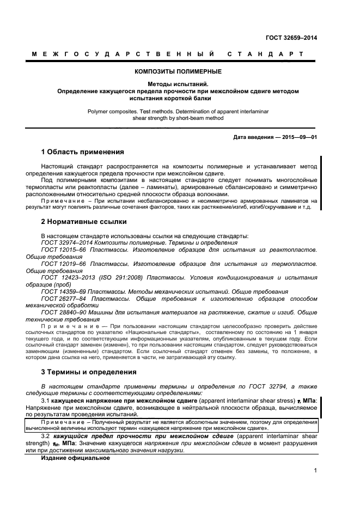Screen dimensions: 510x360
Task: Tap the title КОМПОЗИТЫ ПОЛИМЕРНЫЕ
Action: (178, 71)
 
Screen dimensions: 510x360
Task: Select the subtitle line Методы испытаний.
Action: (178, 84)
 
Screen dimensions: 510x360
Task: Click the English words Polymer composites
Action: (112, 111)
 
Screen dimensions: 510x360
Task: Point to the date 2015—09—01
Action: (298, 137)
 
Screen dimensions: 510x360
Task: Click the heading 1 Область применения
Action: (82, 151)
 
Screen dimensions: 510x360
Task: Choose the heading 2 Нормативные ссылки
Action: (84, 222)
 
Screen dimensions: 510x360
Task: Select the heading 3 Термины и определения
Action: (89, 372)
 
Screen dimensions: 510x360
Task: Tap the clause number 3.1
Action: (46, 400)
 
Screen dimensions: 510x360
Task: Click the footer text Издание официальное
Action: (76, 458)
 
